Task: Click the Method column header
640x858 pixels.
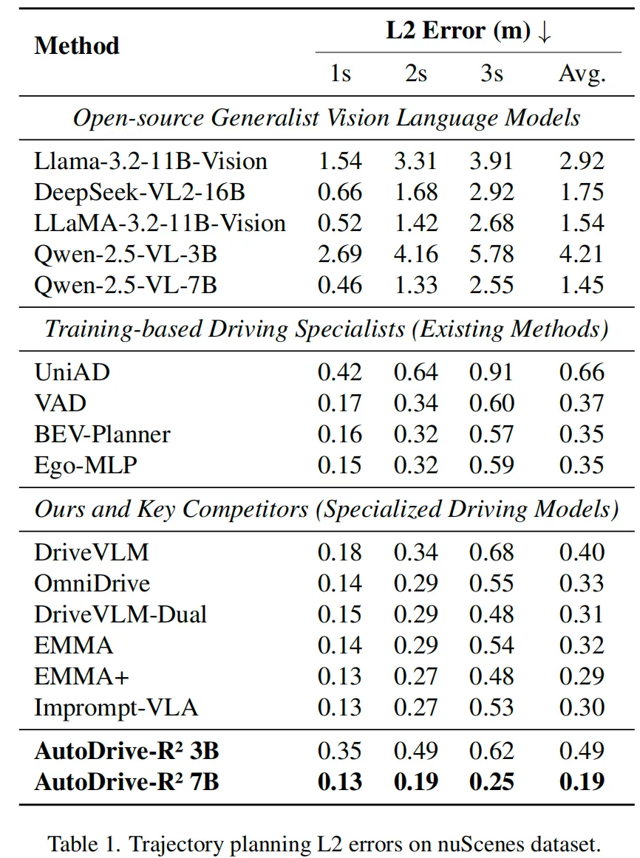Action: point(77,46)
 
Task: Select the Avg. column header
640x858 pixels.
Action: point(582,73)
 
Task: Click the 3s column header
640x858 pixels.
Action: point(491,73)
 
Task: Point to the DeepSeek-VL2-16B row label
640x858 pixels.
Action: point(140,192)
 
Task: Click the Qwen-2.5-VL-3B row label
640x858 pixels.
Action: point(126,255)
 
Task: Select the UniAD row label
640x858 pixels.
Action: point(72,372)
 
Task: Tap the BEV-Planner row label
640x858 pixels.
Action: point(102,434)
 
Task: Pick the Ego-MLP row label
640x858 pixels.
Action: point(86,466)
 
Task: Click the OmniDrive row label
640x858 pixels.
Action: point(92,583)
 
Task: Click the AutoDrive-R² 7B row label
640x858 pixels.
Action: point(126,781)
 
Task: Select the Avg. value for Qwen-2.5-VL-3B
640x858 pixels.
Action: point(582,255)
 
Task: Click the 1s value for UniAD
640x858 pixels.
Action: point(339,372)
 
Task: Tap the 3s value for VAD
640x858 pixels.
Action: point(491,403)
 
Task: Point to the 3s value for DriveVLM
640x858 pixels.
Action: point(491,552)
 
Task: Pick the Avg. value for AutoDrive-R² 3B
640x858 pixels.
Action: point(582,751)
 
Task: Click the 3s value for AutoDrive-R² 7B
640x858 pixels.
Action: point(491,782)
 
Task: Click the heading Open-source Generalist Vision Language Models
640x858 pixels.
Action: point(327,118)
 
